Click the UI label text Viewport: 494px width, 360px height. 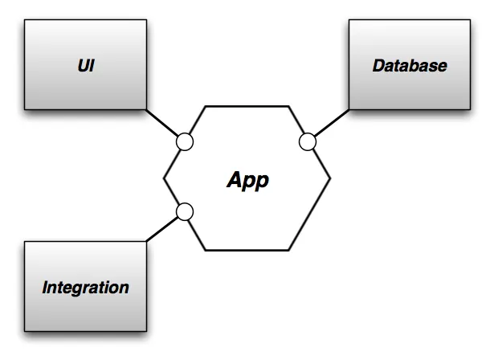[x=86, y=65]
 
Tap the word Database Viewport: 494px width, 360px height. [x=410, y=65]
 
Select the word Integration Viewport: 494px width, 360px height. [x=86, y=287]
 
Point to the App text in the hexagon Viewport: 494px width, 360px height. [x=247, y=179]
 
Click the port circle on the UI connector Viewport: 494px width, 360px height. [x=185, y=142]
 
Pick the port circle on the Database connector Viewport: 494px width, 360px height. [x=308, y=142]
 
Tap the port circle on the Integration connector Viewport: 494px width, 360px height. [x=185, y=212]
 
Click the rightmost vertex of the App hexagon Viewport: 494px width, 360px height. [x=330, y=178]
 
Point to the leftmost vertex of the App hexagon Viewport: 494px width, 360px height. [x=164, y=178]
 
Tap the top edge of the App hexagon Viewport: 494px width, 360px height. [x=247, y=105]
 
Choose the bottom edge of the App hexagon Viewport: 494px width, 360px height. [x=247, y=250]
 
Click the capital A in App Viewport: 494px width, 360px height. [x=233, y=179]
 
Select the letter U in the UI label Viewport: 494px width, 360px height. [x=82, y=65]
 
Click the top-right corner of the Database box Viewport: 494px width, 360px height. [x=470, y=20]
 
